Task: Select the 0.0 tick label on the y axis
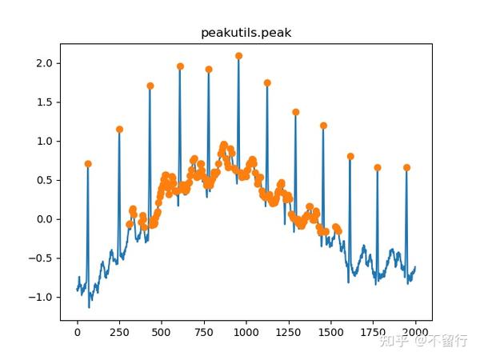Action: click(x=46, y=219)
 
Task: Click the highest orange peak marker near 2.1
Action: click(x=238, y=56)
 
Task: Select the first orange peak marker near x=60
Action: click(x=88, y=164)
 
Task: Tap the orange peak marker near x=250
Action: click(x=119, y=130)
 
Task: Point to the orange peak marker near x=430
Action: click(x=150, y=86)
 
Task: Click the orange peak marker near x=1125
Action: click(x=267, y=83)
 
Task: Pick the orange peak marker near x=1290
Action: click(x=296, y=112)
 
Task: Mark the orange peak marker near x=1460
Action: click(x=324, y=126)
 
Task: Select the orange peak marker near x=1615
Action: click(x=350, y=157)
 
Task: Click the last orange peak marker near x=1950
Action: click(x=406, y=168)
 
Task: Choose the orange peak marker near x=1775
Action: click(x=378, y=168)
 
